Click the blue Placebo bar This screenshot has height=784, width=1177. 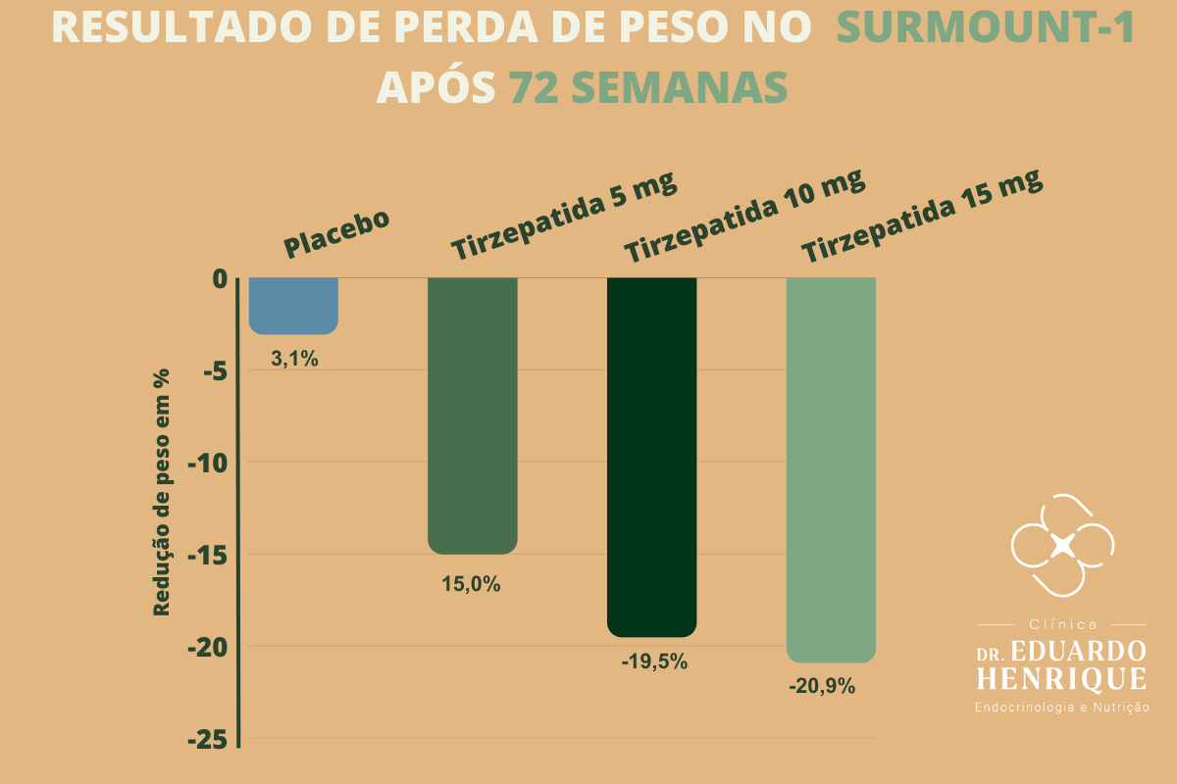point(293,306)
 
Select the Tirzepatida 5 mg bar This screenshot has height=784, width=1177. point(473,416)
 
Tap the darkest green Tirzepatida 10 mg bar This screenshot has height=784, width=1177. point(651,457)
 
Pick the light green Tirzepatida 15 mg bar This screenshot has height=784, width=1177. point(831,470)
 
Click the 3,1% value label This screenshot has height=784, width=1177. point(294,360)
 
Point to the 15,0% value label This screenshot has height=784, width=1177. point(471,584)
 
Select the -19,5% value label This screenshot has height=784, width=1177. point(654,661)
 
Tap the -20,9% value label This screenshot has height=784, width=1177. point(822,686)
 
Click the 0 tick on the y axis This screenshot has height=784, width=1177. point(220,279)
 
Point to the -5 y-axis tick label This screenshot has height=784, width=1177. point(216,371)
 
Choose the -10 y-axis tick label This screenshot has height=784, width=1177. point(208,464)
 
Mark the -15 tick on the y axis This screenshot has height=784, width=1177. point(208,556)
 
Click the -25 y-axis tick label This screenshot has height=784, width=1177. point(208,740)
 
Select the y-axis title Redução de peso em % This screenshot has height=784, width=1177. point(161,492)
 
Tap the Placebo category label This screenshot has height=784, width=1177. point(336,233)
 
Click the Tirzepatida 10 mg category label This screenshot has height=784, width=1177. point(744,216)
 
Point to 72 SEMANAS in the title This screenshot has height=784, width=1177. point(648,86)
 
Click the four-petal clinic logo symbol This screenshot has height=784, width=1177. point(1062,545)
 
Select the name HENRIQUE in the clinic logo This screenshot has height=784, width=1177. point(1062,678)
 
